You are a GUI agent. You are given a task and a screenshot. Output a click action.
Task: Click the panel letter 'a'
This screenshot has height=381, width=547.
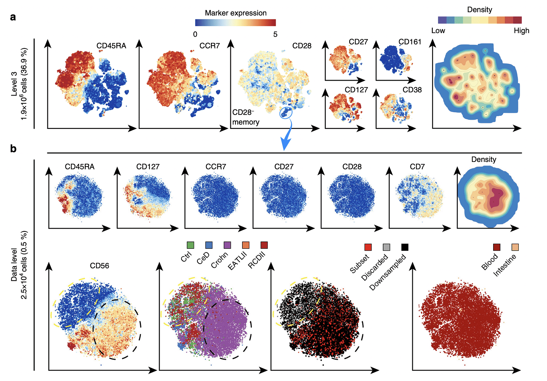click(13, 17)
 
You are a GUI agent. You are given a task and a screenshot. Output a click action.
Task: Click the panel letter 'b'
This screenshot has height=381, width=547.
click(13, 149)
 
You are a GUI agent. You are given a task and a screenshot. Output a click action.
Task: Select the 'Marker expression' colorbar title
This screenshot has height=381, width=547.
click(236, 13)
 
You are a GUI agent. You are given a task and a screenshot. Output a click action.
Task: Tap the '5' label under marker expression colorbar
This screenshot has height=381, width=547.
click(275, 35)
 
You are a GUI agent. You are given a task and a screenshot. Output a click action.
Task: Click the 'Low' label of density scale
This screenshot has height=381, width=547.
click(438, 31)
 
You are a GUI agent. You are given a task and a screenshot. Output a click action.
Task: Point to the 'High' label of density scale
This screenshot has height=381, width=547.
click(521, 31)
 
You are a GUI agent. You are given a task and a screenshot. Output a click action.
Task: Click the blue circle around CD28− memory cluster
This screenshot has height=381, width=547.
click(286, 113)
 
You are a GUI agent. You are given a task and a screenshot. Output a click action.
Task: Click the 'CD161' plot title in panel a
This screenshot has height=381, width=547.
click(410, 42)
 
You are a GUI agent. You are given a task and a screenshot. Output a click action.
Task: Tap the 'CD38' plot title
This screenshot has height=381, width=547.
click(412, 90)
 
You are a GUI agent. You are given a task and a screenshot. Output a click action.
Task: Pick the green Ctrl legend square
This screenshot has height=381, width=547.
click(190, 245)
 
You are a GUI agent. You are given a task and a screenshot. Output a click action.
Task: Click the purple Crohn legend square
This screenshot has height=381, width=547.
click(227, 245)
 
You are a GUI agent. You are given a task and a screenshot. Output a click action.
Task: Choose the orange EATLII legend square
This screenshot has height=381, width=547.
click(246, 245)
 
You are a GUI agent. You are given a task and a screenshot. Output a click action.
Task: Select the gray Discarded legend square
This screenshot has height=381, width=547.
click(386, 247)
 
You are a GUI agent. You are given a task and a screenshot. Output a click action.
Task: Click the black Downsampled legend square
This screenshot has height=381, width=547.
click(405, 247)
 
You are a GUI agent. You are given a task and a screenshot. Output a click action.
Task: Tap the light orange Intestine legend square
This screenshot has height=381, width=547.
click(515, 247)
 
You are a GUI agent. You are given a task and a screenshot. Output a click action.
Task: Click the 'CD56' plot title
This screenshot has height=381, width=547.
click(99, 266)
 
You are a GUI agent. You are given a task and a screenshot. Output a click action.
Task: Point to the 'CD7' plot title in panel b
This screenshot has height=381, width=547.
click(417, 167)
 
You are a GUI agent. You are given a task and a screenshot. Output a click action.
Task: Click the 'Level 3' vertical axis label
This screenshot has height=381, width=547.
click(14, 84)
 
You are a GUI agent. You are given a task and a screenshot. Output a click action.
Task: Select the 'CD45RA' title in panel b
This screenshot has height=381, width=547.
click(80, 167)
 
